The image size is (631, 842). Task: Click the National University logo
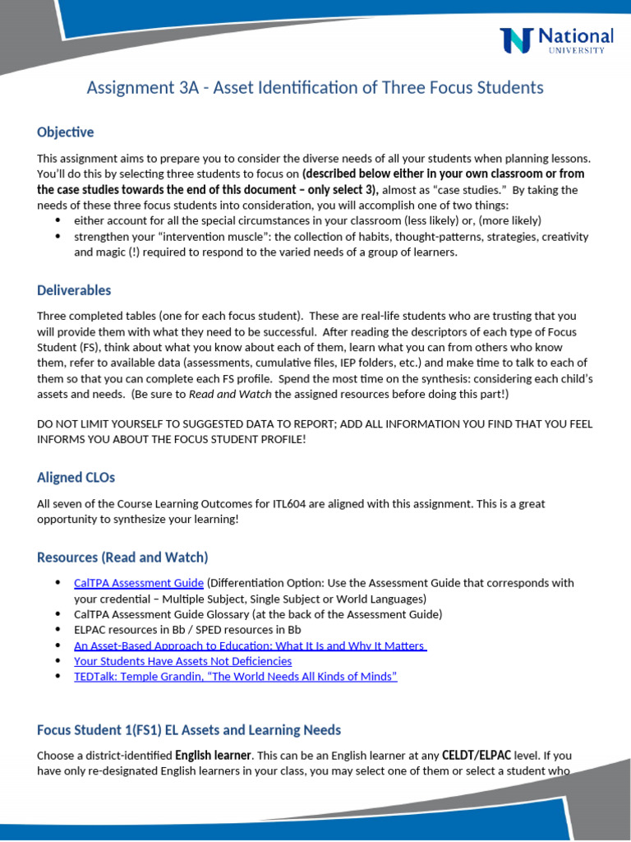click(556, 39)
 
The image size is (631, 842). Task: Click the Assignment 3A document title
click(315, 87)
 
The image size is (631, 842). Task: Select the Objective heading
click(66, 132)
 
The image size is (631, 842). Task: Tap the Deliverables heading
click(74, 290)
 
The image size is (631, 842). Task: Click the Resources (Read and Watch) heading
click(122, 557)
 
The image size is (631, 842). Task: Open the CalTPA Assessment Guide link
click(139, 583)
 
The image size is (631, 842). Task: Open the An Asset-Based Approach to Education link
click(250, 646)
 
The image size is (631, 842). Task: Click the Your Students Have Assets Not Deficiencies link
click(182, 661)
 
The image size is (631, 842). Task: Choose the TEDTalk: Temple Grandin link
click(235, 677)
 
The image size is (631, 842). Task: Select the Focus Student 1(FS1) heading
click(189, 730)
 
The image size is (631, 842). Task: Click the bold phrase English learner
click(213, 755)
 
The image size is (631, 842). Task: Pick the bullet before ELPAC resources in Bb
click(58, 630)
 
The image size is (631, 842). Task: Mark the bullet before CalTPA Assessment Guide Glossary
click(58, 614)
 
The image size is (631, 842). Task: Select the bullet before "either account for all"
click(58, 221)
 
